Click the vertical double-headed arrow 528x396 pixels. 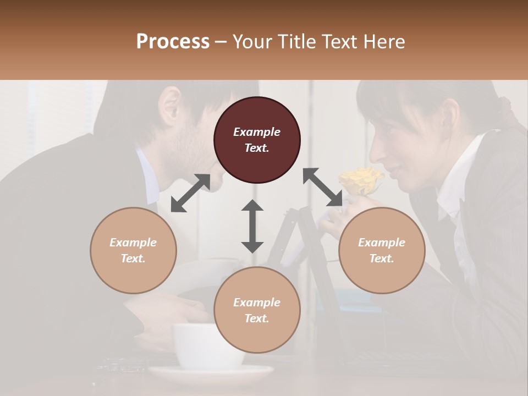(252, 226)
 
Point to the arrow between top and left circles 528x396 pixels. (190, 193)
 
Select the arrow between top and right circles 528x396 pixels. (322, 187)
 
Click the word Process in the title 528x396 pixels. (173, 41)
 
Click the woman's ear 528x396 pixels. (450, 118)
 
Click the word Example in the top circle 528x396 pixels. (257, 132)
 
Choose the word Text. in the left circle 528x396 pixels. (133, 258)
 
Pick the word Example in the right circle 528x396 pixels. (382, 243)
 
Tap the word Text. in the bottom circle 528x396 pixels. (257, 318)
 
